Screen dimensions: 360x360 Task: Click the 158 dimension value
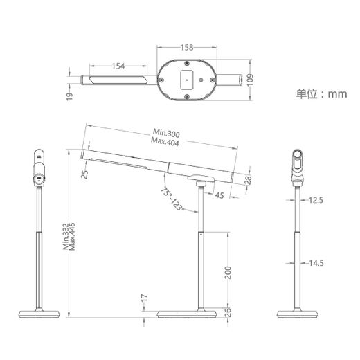coord(187,48)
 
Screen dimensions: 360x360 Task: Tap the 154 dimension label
coord(118,66)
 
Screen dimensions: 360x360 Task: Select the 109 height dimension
coord(250,80)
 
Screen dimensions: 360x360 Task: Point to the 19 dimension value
coord(69,96)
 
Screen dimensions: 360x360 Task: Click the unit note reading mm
coord(337,94)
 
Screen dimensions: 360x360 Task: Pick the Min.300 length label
coord(166,133)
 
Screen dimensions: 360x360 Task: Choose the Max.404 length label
coord(165,141)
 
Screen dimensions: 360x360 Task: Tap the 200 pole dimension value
coord(228,272)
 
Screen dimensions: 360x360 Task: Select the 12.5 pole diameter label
coord(316,200)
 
